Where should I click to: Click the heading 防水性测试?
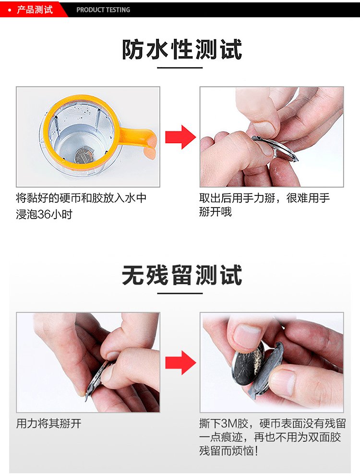click(x=181, y=49)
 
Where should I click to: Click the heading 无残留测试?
click(x=181, y=275)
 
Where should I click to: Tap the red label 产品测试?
click(x=35, y=10)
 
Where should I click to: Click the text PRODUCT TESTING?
click(x=103, y=10)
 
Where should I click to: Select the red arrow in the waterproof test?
click(x=180, y=137)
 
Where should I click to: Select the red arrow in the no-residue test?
click(x=180, y=363)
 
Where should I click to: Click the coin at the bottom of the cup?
click(x=83, y=156)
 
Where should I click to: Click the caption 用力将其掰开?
click(x=48, y=424)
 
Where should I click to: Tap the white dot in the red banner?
click(x=10, y=10)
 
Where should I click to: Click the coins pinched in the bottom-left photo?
click(x=98, y=379)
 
